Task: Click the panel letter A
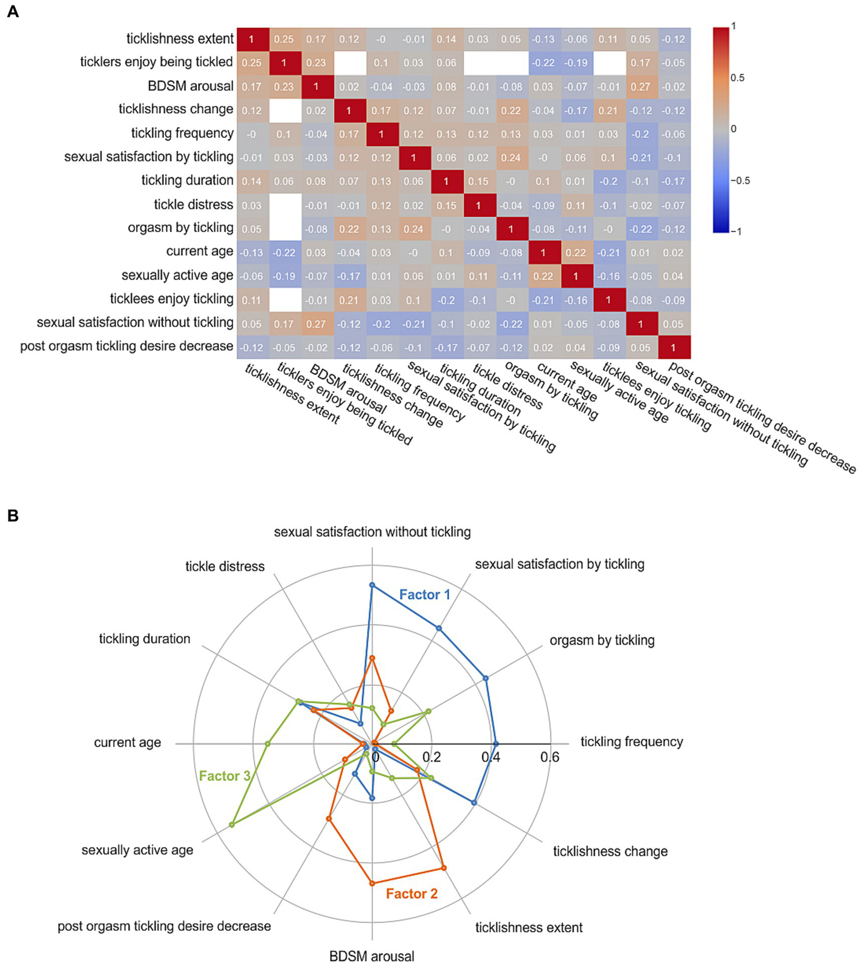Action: click(12, 12)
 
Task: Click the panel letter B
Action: click(12, 516)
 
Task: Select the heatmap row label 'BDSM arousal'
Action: click(190, 86)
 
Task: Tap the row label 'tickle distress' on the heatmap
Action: click(193, 205)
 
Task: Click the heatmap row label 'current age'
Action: click(199, 252)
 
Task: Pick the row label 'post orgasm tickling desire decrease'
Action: click(126, 346)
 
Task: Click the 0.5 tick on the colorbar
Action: click(738, 78)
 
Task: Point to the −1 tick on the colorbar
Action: click(736, 231)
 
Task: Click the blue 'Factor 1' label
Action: click(424, 595)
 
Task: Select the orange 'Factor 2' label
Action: click(411, 893)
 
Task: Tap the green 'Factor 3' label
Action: click(224, 776)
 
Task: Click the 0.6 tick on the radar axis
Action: click(550, 757)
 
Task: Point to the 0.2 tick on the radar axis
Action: click(431, 757)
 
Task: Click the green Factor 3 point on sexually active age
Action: click(232, 825)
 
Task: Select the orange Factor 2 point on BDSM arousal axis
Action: click(372, 883)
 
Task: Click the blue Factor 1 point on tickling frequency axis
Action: click(495, 743)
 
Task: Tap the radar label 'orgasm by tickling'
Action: click(602, 641)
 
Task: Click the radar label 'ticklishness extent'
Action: click(529, 928)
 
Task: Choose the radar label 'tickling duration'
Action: click(144, 639)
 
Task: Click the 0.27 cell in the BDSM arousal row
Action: click(640, 86)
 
